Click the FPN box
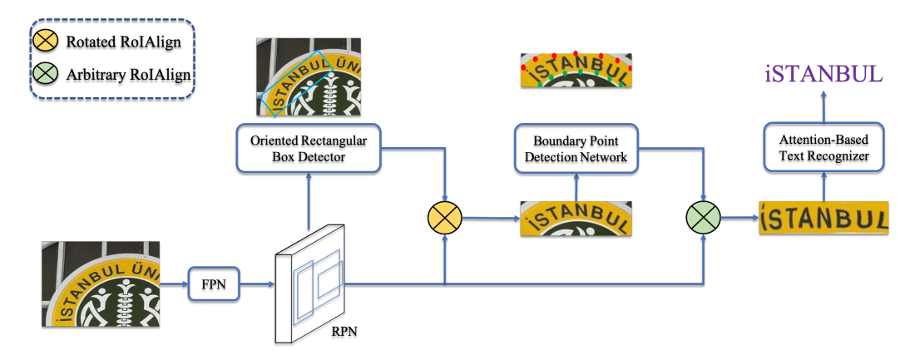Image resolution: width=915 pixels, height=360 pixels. [x=214, y=284]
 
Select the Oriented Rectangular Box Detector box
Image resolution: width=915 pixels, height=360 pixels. [x=308, y=148]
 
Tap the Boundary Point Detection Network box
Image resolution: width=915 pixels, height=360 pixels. [x=576, y=148]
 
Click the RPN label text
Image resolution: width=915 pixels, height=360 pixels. [x=344, y=333]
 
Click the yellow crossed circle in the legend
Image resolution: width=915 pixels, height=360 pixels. [x=46, y=42]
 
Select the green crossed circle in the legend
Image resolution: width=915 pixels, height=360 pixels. [x=46, y=75]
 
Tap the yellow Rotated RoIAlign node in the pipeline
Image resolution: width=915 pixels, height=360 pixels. [x=445, y=219]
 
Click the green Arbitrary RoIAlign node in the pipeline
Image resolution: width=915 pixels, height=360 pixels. [x=703, y=219]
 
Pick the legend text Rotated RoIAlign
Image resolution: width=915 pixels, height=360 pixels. [x=123, y=42]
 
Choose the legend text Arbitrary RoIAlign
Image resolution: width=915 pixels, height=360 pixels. [x=128, y=75]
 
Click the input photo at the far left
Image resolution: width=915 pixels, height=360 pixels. [x=101, y=284]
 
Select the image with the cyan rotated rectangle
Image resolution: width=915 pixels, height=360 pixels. [x=308, y=77]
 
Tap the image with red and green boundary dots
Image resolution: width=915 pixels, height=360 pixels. [x=576, y=71]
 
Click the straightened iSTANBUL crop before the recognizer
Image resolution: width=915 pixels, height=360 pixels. [x=823, y=218]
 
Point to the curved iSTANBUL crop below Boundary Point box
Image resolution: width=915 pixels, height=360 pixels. [x=576, y=219]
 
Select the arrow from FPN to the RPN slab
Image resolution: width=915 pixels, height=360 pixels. [x=257, y=284]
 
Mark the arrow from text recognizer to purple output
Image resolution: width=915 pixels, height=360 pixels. [x=824, y=106]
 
